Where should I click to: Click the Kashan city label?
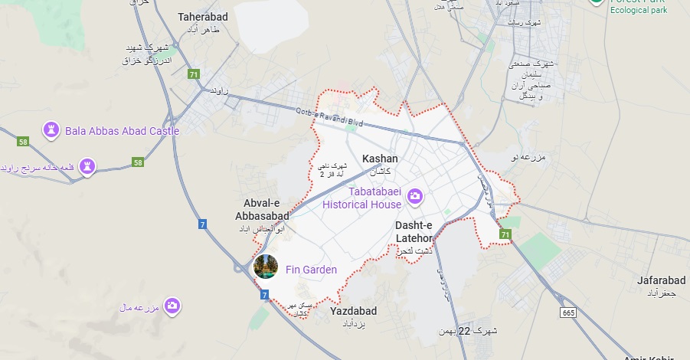(380, 159)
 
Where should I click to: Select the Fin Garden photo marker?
(265, 267)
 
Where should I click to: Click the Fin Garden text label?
(311, 270)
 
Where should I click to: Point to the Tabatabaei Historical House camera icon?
(415, 197)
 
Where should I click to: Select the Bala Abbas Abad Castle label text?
(122, 131)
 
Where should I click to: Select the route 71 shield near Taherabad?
(194, 74)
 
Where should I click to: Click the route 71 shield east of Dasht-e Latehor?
(505, 234)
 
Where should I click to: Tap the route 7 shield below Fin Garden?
(264, 294)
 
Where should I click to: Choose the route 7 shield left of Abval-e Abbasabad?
(202, 224)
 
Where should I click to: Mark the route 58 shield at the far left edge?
(23, 142)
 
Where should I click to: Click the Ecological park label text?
(638, 10)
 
